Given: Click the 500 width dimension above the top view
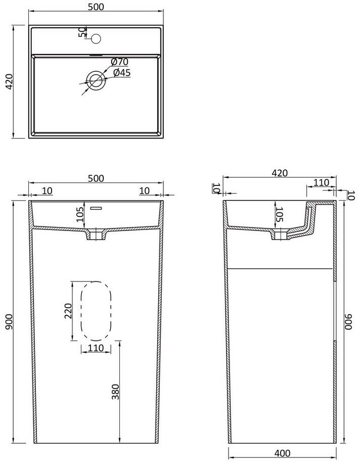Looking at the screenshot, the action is pos(96,6).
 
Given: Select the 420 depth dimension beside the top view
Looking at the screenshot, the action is pos(9,81).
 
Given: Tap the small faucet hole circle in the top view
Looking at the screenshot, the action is pos(96,38).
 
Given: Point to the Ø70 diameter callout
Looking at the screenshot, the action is pos(120,62).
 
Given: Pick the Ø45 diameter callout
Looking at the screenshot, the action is pos(122,72).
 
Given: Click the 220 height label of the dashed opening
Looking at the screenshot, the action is pos(68,311).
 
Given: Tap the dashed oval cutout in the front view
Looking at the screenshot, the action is pos(81,311).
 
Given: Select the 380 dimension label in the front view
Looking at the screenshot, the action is pos(115,392).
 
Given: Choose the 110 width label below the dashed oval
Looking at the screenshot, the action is pos(96,348).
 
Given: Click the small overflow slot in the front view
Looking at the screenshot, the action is pos(96,208).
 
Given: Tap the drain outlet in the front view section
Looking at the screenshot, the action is pos(96,234).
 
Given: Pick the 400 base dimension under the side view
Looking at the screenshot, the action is pos(282,453).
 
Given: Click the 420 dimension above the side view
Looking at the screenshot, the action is pos(280,173).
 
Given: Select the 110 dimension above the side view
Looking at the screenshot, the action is pos(322,182).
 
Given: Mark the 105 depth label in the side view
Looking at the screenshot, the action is pos(279,214).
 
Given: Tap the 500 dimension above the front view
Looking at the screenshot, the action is pos(96,178).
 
